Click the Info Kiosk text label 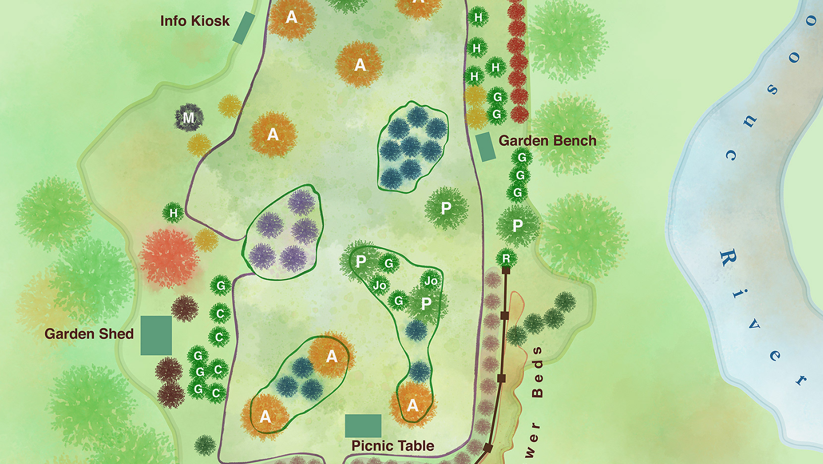pyautogui.click(x=195, y=21)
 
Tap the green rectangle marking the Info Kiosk pyautogui.click(x=244, y=28)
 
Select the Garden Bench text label pyautogui.click(x=547, y=141)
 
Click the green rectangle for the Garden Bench pyautogui.click(x=486, y=147)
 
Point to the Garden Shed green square pyautogui.click(x=156, y=335)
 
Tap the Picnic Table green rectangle pyautogui.click(x=363, y=426)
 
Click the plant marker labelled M pyautogui.click(x=189, y=118)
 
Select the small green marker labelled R pyautogui.click(x=506, y=258)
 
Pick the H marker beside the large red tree pyautogui.click(x=173, y=213)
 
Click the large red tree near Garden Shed pyautogui.click(x=169, y=258)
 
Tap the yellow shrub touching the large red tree pyautogui.click(x=206, y=240)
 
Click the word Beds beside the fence pyautogui.click(x=537, y=371)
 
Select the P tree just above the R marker pyautogui.click(x=517, y=226)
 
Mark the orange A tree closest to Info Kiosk pyautogui.click(x=292, y=18)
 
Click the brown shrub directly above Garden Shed pyautogui.click(x=185, y=308)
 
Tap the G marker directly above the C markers pyautogui.click(x=221, y=286)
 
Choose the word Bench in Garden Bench pyautogui.click(x=575, y=141)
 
